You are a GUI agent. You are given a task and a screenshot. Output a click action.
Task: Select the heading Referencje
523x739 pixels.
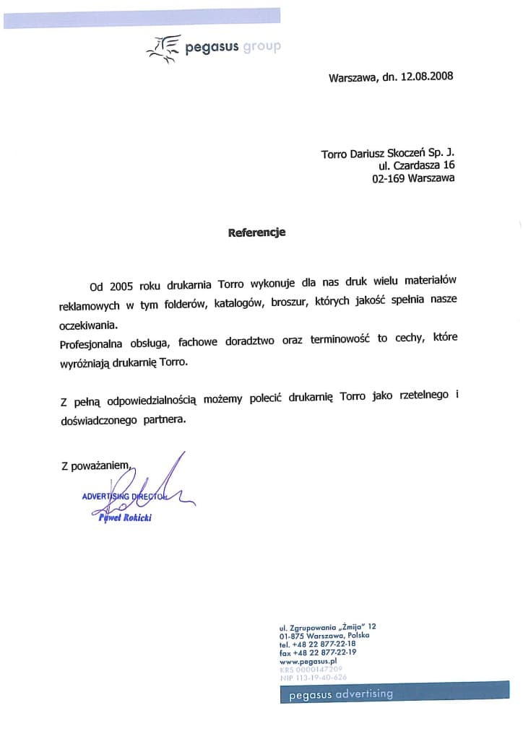coord(257,232)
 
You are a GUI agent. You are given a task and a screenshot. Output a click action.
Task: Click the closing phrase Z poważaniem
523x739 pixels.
coord(95,467)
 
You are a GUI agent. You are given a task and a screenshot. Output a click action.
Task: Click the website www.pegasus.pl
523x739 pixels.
coord(308,660)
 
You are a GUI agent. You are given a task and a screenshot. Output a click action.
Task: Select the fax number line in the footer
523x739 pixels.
coord(317,652)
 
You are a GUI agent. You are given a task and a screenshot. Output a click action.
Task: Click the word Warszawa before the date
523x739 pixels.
coord(352,76)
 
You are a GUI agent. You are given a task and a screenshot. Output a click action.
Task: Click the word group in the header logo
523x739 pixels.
coord(261,48)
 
